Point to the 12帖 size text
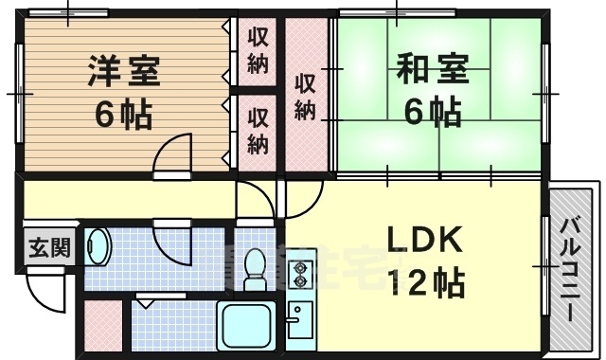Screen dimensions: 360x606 [422, 281]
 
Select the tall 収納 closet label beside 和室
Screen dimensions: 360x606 [305, 95]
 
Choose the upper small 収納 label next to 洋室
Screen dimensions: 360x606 [258, 50]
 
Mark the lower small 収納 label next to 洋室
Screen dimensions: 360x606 [258, 131]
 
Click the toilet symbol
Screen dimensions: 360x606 [255, 269]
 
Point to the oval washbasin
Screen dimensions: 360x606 [98, 248]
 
